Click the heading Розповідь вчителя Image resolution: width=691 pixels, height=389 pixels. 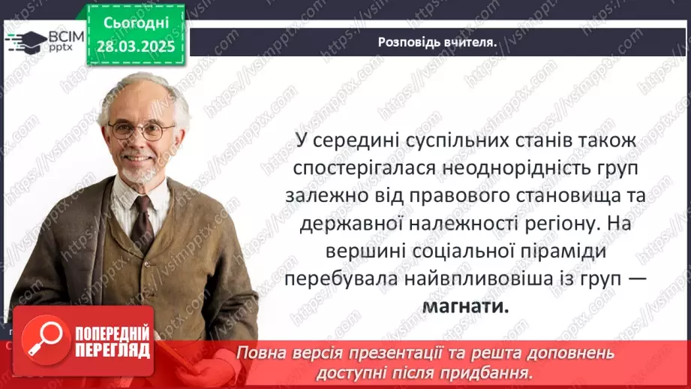437,42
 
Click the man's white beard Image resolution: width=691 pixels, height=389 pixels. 135,171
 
